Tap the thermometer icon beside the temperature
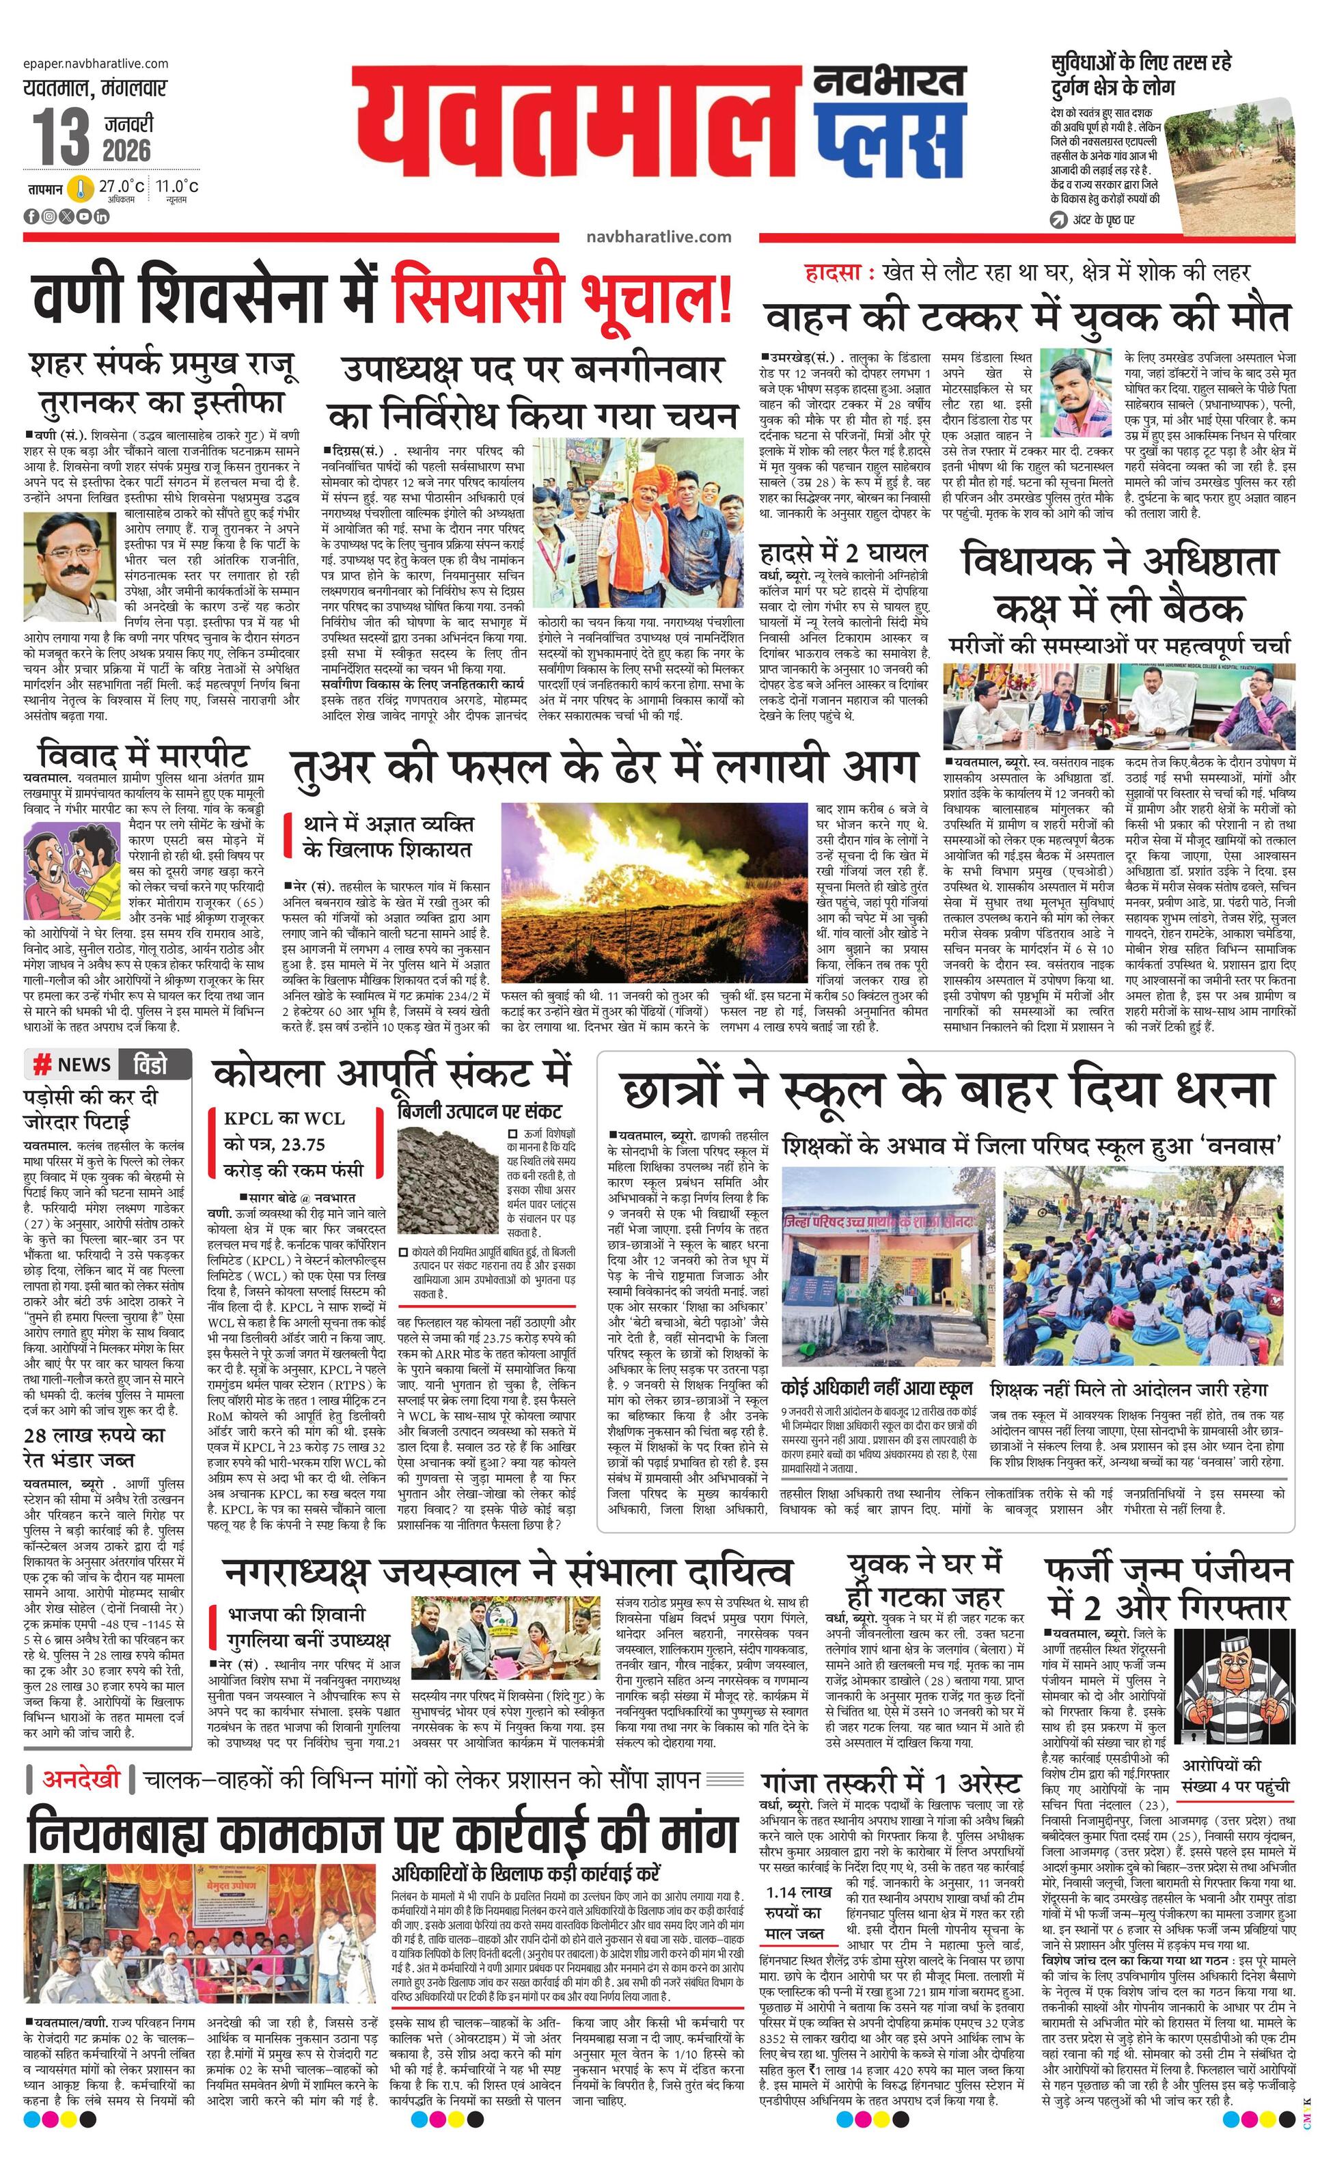tap(81, 189)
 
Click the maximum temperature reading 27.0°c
tap(122, 187)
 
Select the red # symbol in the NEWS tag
tap(40, 1065)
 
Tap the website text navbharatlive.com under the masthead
tap(658, 236)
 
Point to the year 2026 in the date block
tap(126, 150)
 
